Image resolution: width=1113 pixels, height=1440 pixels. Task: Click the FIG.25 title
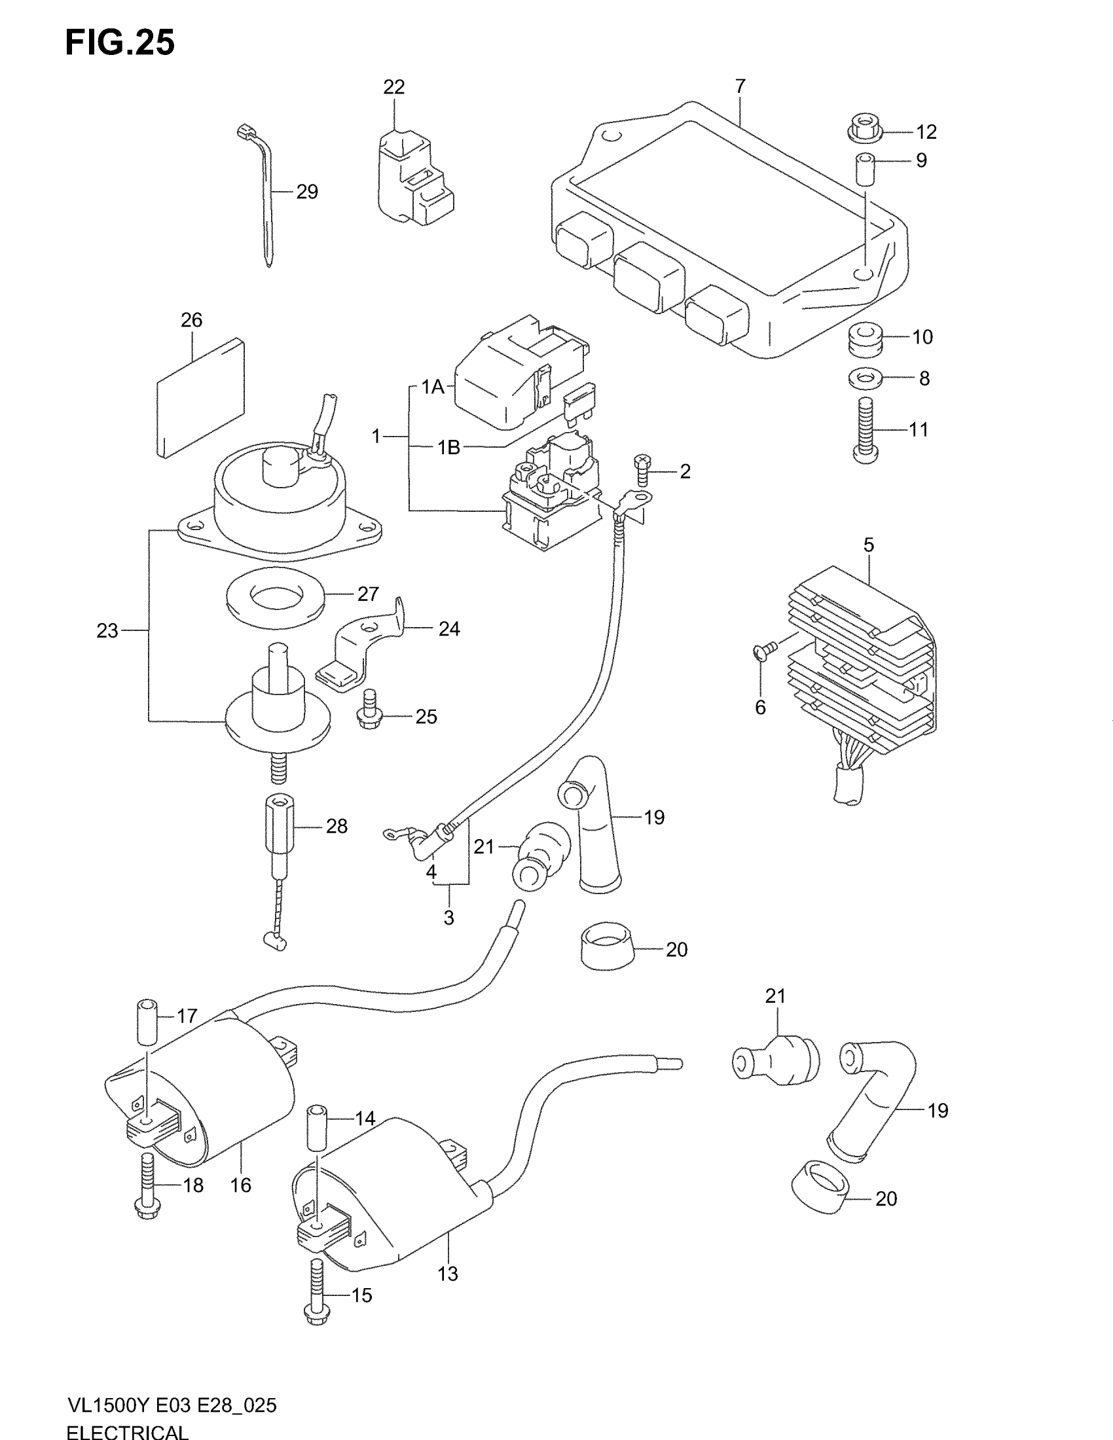(119, 43)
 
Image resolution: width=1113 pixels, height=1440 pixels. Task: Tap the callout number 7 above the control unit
(740, 86)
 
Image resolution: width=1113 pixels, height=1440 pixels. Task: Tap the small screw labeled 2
(642, 469)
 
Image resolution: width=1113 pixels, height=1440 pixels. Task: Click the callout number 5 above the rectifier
(868, 545)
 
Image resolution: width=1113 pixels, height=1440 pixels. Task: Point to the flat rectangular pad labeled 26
(200, 397)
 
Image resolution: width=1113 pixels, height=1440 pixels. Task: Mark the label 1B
(448, 448)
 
